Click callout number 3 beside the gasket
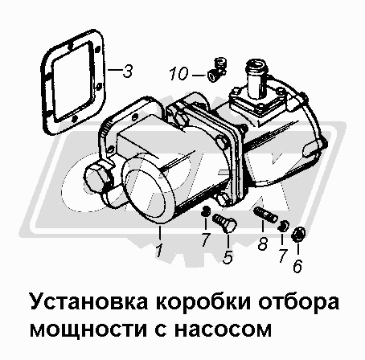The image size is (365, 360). click(x=128, y=72)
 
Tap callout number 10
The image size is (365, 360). click(x=178, y=74)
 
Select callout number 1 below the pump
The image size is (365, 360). click(x=159, y=251)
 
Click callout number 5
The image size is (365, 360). click(x=228, y=257)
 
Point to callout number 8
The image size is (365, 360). click(x=263, y=244)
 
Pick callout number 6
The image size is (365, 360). click(x=297, y=266)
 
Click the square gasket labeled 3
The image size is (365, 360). click(x=72, y=82)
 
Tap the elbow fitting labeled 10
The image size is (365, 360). click(x=217, y=70)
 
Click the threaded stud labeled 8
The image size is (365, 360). click(x=265, y=214)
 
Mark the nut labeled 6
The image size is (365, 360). click(x=298, y=234)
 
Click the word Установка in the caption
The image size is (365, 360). click(x=88, y=302)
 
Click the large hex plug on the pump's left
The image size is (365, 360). click(x=97, y=178)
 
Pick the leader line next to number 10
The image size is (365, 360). click(x=199, y=75)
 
